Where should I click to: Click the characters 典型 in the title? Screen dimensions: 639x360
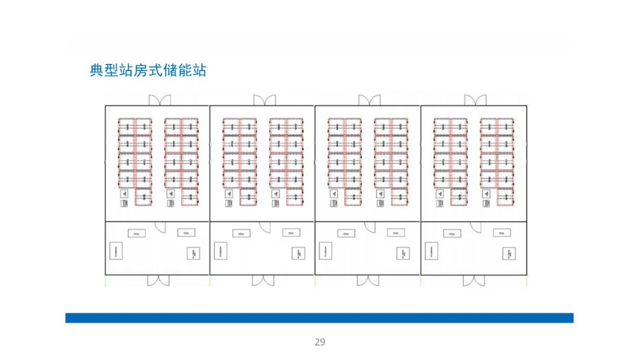pyautogui.click(x=104, y=70)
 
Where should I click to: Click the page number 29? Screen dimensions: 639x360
pyautogui.click(x=319, y=342)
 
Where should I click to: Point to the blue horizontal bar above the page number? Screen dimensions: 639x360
pyautogui.click(x=319, y=318)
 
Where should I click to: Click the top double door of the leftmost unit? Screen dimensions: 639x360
pyautogui.click(x=160, y=101)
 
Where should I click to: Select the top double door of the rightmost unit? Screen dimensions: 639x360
pyautogui.click(x=475, y=101)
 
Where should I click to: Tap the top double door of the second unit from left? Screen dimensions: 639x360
pyautogui.click(x=264, y=101)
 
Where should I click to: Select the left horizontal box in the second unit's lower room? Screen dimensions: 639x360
pyautogui.click(x=241, y=233)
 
